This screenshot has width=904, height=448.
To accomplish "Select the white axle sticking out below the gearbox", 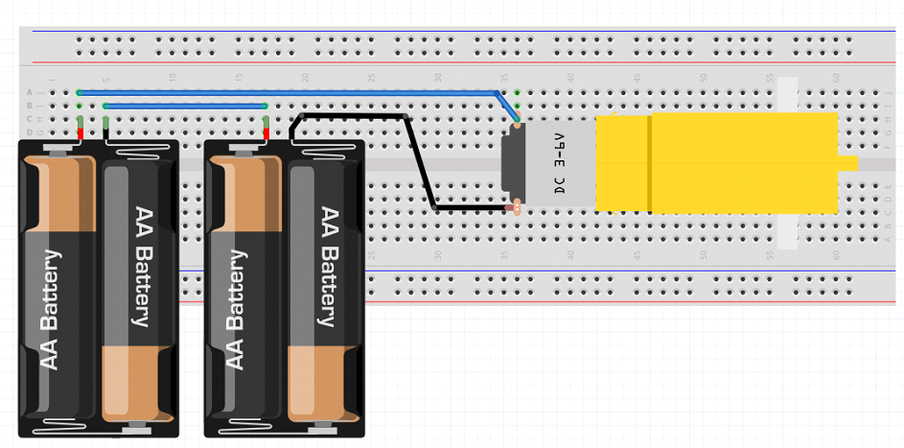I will coord(786,231).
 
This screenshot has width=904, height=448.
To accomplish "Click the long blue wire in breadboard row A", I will coord(288,92).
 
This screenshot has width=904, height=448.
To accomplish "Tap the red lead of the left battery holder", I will coord(81,132).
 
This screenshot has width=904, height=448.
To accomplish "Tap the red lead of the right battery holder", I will coord(266,132).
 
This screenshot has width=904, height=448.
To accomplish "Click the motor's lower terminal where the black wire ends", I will coord(516,205).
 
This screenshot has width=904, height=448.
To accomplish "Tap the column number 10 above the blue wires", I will coord(172,78).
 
